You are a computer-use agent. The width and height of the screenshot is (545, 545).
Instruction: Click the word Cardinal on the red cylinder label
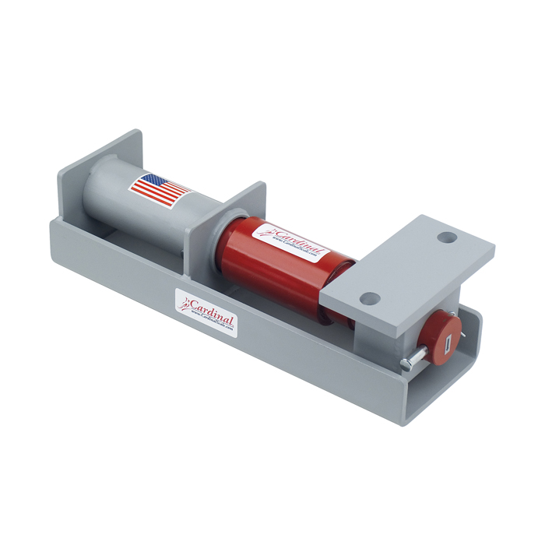tap(296, 237)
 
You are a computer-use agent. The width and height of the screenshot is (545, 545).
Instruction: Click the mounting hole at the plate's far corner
tap(446, 236)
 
